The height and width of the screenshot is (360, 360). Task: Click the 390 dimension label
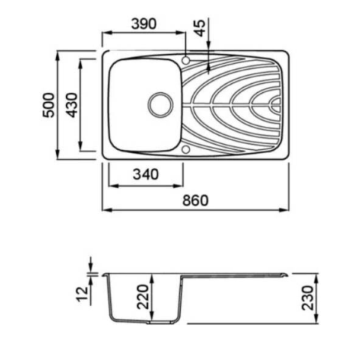(x=144, y=24)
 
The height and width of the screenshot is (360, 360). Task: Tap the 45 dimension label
(x=200, y=28)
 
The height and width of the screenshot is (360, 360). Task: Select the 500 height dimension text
(x=48, y=105)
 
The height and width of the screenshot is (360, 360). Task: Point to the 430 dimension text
(x=72, y=105)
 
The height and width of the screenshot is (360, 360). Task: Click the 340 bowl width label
(x=145, y=174)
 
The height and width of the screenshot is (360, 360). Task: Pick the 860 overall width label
(x=195, y=200)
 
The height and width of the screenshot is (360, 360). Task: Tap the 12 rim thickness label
(x=82, y=295)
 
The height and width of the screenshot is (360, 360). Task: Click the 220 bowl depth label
(x=143, y=297)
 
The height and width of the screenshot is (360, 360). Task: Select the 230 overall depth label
(x=307, y=298)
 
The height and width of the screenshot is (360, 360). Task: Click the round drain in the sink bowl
(x=160, y=105)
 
